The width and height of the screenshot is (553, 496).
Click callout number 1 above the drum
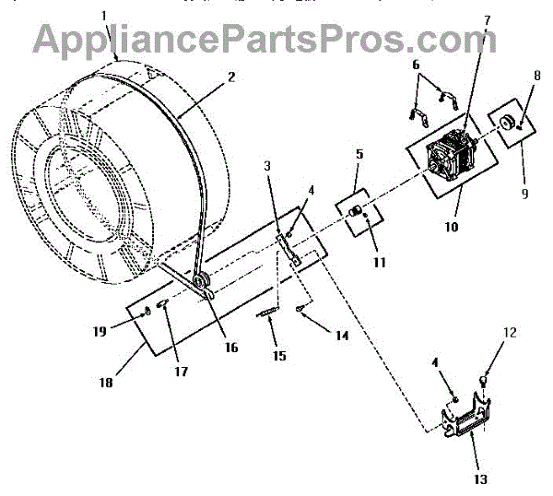104,16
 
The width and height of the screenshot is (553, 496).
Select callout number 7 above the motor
487,20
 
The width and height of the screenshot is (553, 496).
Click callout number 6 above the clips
416,65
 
